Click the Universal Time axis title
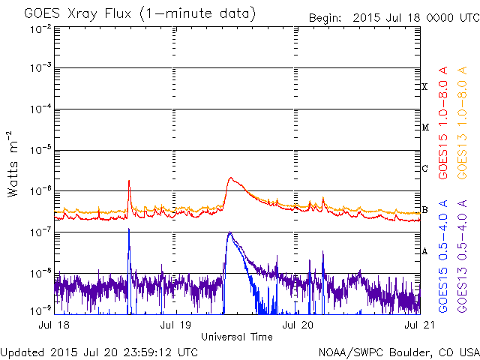pyautogui.click(x=237, y=337)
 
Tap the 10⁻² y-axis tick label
pyautogui.click(x=40, y=28)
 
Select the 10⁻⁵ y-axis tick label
pyautogui.click(x=40, y=150)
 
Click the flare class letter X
pyautogui.click(x=425, y=87)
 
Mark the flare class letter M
pyautogui.click(x=425, y=127)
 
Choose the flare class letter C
pyautogui.click(x=425, y=169)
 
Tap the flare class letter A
pyautogui.click(x=425, y=251)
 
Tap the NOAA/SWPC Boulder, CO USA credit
pyautogui.click(x=398, y=352)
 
